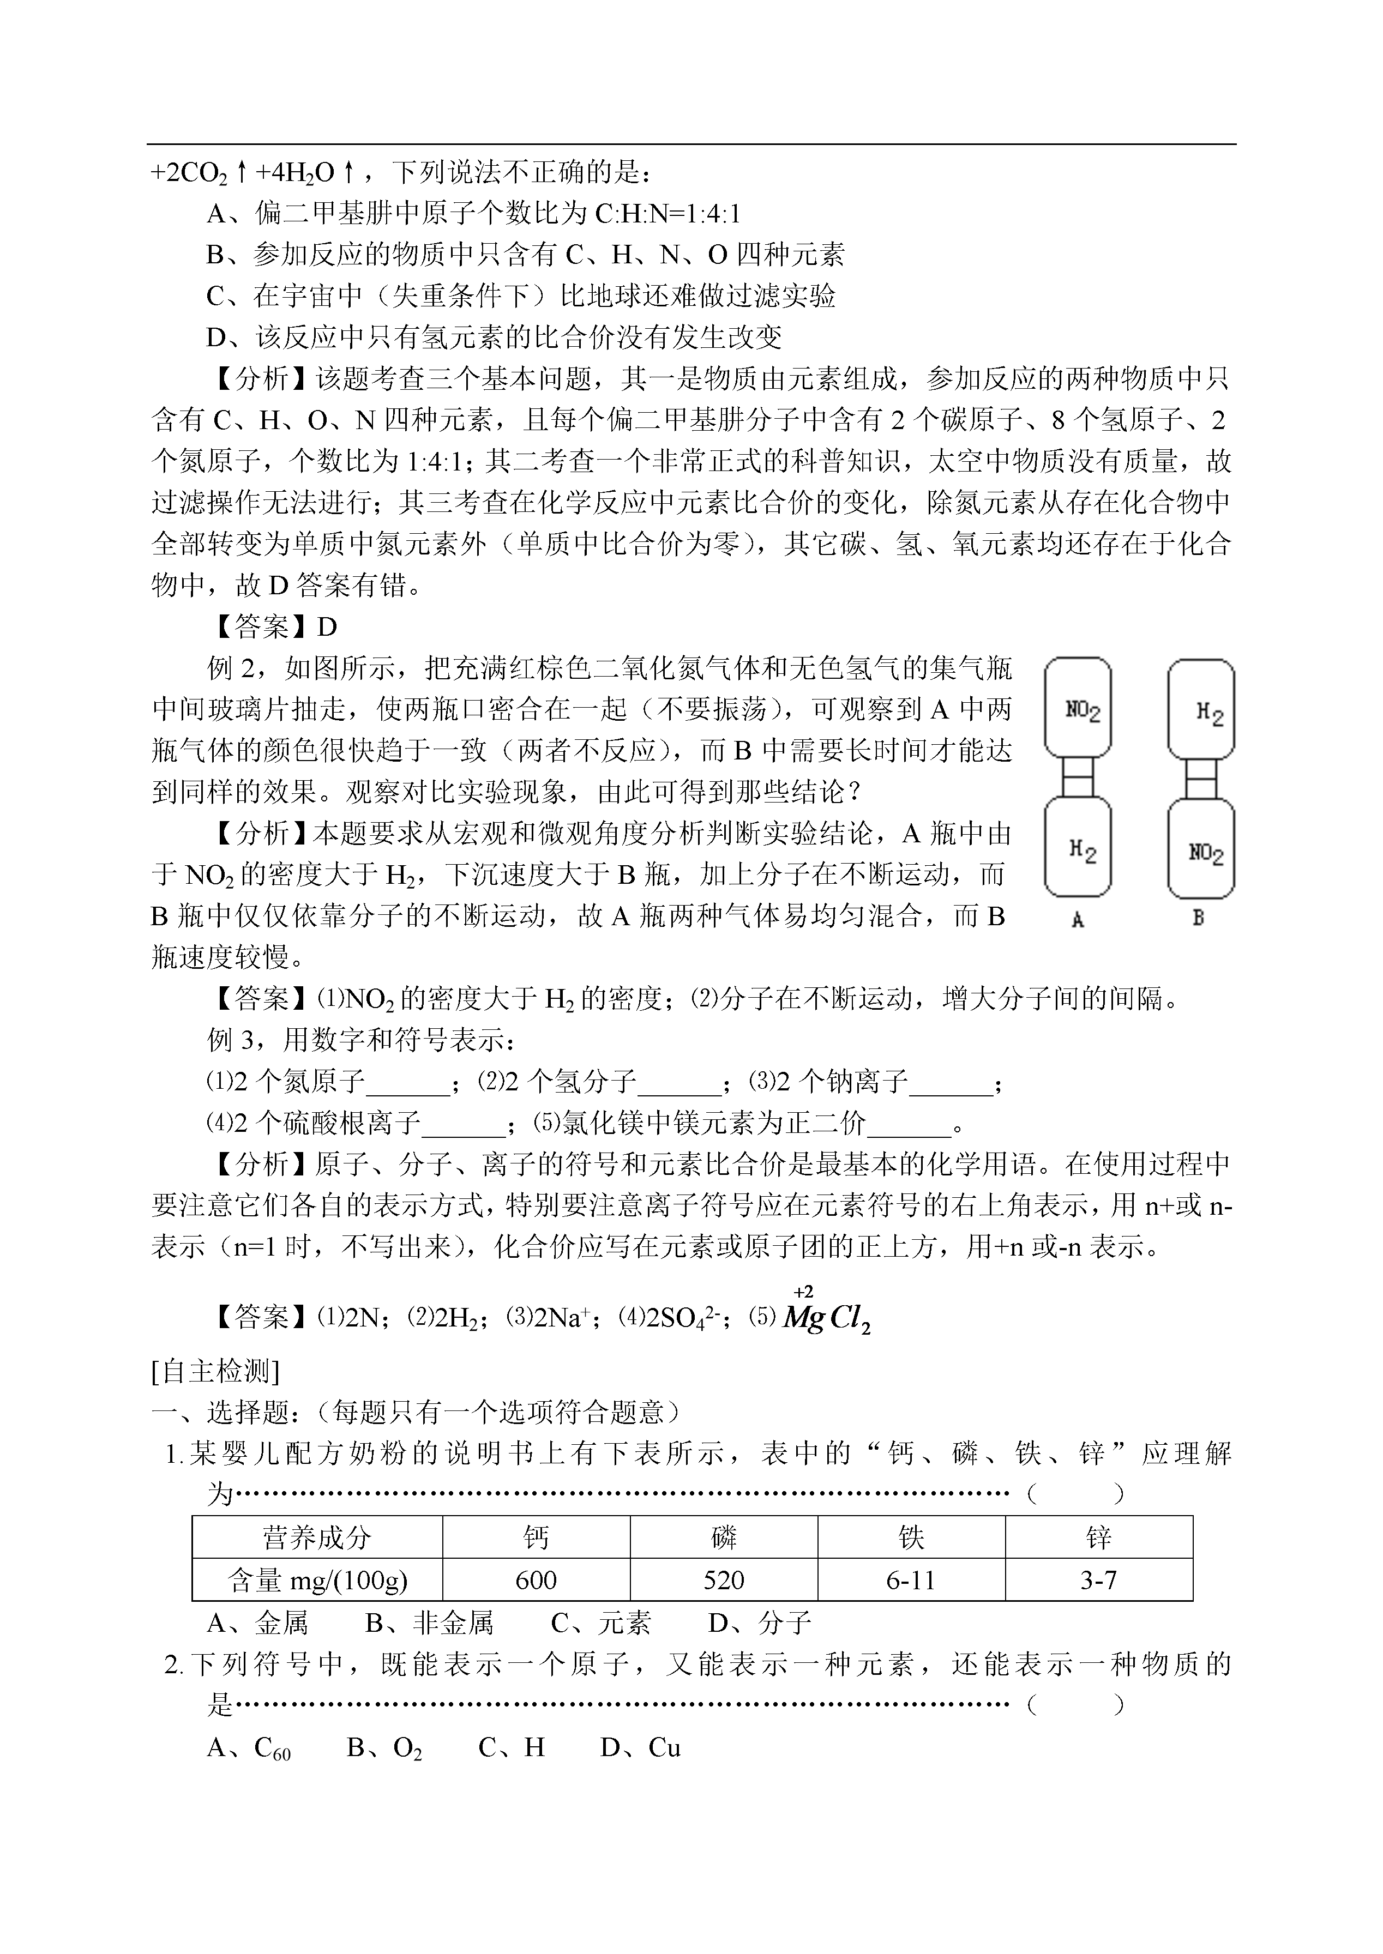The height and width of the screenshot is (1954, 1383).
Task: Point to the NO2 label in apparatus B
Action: click(1206, 852)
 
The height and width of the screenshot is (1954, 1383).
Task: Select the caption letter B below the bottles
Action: click(1198, 918)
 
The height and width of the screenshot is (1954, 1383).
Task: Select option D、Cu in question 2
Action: click(640, 1748)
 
